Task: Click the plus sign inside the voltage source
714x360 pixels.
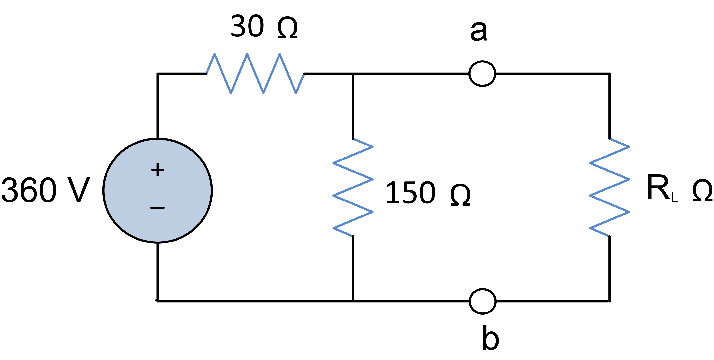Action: [157, 170]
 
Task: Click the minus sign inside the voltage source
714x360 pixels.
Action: [157, 208]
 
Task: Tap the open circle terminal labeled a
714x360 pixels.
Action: [482, 74]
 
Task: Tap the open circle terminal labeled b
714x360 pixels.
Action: [483, 301]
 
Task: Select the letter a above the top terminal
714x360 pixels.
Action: [479, 31]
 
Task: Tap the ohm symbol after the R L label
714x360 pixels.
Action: [702, 190]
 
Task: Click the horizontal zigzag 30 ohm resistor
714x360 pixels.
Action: [255, 74]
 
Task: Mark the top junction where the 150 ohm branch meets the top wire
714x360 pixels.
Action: [353, 74]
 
